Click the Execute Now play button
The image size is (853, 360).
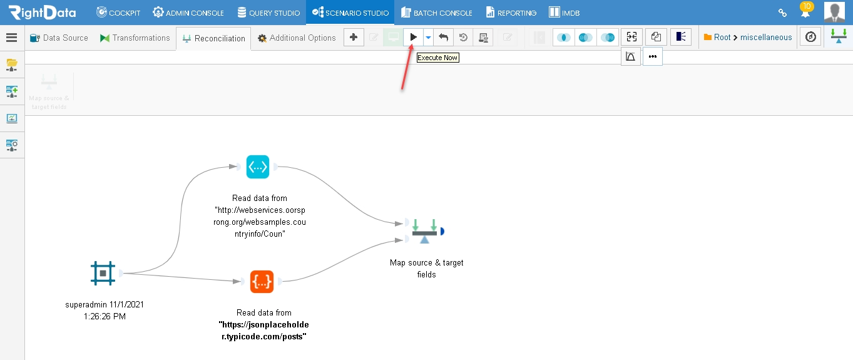coord(413,38)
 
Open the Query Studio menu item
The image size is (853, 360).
coord(268,13)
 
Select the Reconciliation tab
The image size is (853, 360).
coord(213,38)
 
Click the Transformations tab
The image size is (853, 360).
coord(135,38)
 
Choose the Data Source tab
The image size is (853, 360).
coord(59,38)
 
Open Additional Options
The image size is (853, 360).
coord(297,38)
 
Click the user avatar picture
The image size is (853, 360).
coord(834,12)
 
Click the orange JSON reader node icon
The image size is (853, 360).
coord(262,282)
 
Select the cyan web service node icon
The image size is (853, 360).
coord(258,167)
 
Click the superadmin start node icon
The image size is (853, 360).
coord(103,273)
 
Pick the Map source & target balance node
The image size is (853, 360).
coord(424,231)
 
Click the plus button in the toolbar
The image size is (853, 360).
coord(354,38)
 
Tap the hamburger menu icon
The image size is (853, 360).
coord(12,38)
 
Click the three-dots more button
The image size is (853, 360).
coord(653,56)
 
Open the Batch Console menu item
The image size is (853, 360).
coord(437,13)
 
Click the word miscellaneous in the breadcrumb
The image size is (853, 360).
coord(766,38)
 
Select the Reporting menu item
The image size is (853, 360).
coord(511,13)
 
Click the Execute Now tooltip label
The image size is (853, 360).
coord(437,58)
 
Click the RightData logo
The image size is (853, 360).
coord(43,13)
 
